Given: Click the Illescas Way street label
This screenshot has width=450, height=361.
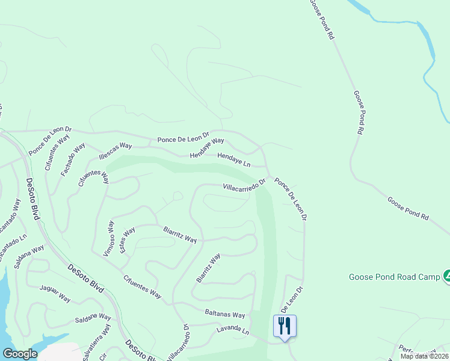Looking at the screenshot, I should pos(115,150).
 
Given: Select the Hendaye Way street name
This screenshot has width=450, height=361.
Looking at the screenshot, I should pos(206,147).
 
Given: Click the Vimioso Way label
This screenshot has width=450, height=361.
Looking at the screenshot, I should pos(109,238).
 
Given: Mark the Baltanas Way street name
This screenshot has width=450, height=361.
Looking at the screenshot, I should pos(225,314).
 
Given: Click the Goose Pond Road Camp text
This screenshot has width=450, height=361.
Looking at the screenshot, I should pos(394,277).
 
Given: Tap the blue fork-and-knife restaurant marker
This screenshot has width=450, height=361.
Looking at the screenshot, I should pos(285,326).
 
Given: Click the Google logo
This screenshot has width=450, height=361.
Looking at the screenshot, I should pos(19,354).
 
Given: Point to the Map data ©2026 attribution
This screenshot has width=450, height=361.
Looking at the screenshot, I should pos(424,356).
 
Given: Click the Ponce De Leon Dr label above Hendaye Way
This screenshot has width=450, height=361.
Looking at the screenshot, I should pos(183,138).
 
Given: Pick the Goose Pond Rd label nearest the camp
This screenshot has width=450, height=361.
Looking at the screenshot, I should pos(408,208).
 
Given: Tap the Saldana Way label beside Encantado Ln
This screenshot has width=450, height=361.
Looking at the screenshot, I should pos(30,258).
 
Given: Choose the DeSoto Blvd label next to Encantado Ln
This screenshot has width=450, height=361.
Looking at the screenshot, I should pos(32,199).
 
